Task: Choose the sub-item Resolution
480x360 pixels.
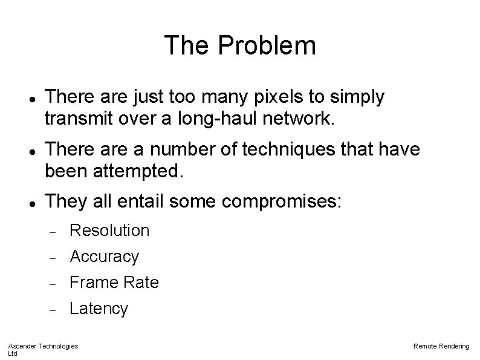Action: tap(109, 230)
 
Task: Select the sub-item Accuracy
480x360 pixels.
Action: tap(105, 257)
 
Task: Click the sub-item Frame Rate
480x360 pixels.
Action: tap(114, 283)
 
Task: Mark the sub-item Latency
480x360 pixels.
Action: tap(99, 309)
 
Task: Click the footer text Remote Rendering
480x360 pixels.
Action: tap(441, 345)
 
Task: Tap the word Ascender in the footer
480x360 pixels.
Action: tap(22, 345)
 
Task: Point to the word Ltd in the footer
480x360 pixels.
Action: tap(12, 353)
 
